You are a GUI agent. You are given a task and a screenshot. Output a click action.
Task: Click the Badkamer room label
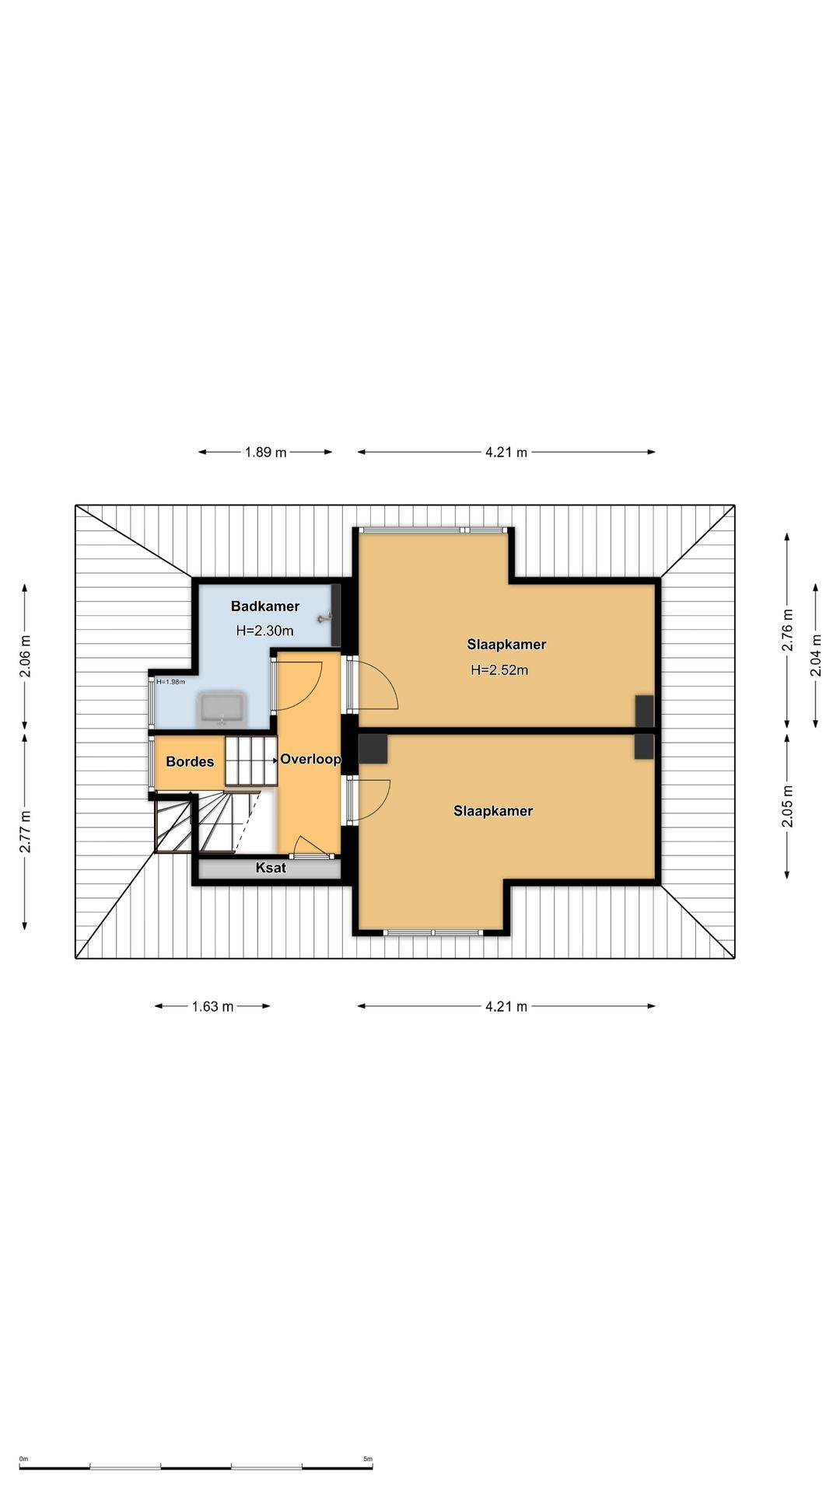[x=265, y=607]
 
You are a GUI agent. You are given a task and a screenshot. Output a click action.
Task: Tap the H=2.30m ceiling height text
[x=264, y=631]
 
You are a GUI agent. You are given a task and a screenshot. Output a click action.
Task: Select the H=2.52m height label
[x=499, y=670]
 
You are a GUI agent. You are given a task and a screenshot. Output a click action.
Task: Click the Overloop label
[x=310, y=759]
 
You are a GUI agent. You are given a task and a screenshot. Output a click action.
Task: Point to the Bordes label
[x=190, y=762]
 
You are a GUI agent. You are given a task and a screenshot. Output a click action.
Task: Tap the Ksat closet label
[x=271, y=868]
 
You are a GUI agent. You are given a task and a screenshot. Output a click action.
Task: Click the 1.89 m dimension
[x=265, y=452]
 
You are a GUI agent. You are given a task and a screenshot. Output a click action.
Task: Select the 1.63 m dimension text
[x=212, y=1006]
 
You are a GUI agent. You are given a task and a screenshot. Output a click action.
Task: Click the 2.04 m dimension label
[x=816, y=655]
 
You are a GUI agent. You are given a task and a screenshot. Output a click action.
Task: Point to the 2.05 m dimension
[x=787, y=807]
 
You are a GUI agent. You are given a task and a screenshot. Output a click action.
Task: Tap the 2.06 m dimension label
[x=25, y=656]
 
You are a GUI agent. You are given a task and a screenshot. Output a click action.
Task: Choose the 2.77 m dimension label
[x=25, y=831]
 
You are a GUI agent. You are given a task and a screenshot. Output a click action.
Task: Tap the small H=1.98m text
[x=170, y=682]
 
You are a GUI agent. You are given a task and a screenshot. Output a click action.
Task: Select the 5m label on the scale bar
[x=368, y=1459]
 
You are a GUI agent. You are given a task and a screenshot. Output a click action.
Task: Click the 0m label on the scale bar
[x=23, y=1459]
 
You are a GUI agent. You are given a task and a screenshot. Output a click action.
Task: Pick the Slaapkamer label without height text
[x=493, y=811]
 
